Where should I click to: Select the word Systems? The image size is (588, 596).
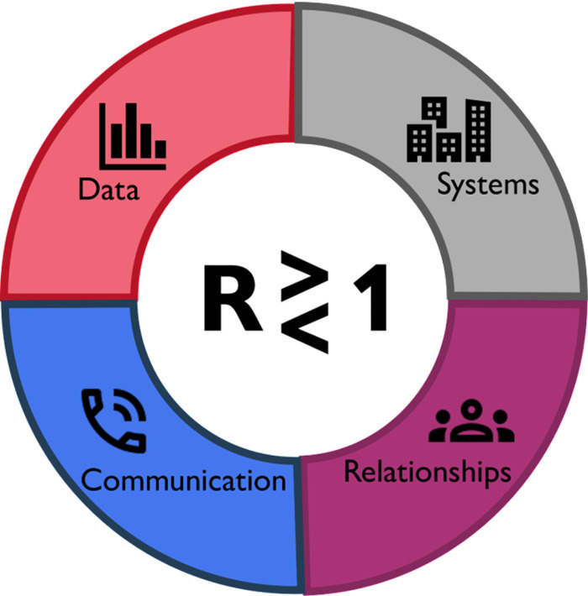(x=487, y=184)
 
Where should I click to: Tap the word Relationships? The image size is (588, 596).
(x=427, y=471)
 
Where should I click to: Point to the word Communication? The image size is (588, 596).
(x=183, y=480)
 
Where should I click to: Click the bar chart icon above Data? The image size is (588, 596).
(x=132, y=135)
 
